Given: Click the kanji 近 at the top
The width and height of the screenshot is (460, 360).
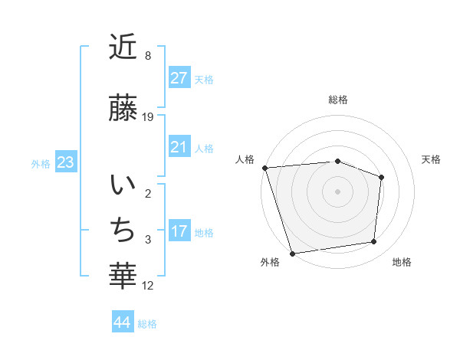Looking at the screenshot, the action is click(123, 48).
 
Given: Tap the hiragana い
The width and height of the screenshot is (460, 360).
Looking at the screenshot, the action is click(123, 185).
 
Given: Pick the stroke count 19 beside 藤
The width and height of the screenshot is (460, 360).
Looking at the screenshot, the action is click(149, 117).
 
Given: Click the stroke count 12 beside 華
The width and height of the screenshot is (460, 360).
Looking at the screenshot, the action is click(149, 286).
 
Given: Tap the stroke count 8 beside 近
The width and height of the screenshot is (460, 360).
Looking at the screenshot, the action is click(147, 56).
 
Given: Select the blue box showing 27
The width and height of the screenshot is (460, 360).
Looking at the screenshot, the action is click(179, 78).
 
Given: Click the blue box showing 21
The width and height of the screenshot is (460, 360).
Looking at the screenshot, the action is click(179, 148).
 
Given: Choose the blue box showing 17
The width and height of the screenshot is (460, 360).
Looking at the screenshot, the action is click(179, 231).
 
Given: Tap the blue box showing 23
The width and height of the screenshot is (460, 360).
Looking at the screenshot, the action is click(65, 162).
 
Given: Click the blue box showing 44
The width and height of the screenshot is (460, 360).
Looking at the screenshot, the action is click(123, 323).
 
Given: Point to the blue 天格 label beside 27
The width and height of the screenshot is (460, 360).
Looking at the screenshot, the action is click(204, 80).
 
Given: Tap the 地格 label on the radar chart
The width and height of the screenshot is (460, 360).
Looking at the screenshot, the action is click(402, 262).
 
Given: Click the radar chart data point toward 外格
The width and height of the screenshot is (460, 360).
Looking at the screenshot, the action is click(292, 253).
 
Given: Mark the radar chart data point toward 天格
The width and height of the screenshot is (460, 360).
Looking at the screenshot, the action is click(381, 177).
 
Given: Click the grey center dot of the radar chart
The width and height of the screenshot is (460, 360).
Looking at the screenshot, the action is click(337, 191).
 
